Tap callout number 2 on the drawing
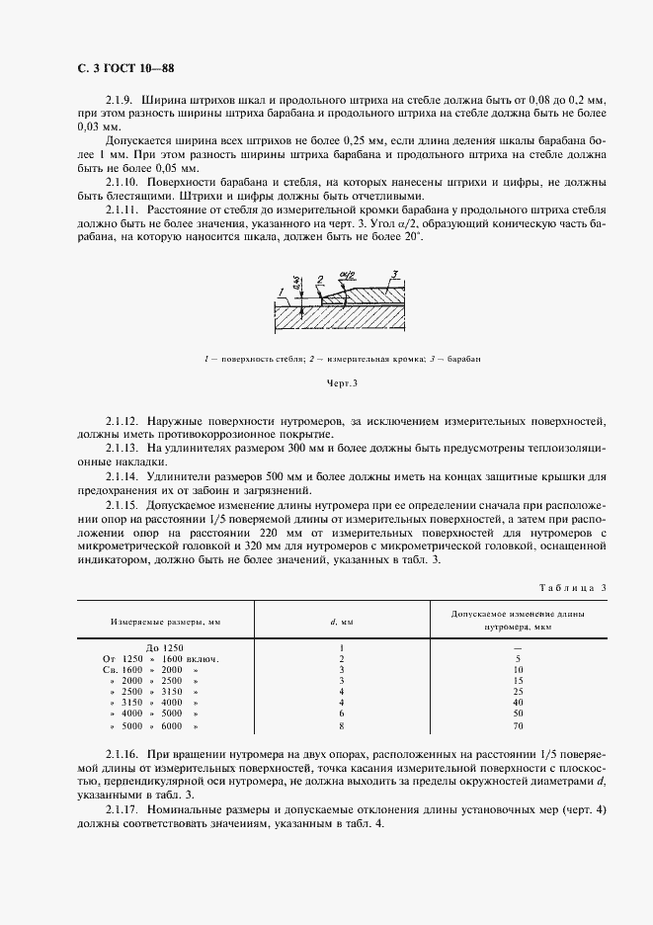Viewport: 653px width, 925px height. click(321, 280)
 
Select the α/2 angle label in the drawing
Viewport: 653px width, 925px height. click(346, 278)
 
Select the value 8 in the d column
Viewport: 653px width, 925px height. click(341, 725)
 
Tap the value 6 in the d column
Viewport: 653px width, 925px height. click(341, 712)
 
